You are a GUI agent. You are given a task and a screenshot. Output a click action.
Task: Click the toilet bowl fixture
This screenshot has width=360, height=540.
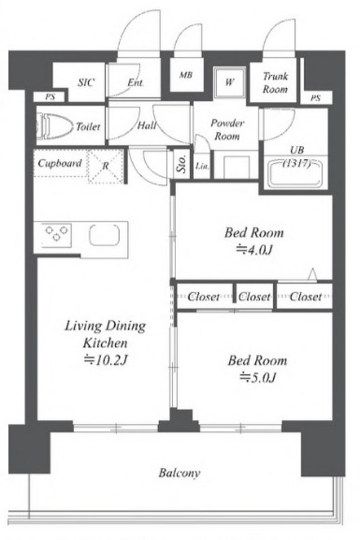[x=55, y=126]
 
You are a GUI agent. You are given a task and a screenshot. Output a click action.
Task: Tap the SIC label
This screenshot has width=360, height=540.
[x=86, y=82]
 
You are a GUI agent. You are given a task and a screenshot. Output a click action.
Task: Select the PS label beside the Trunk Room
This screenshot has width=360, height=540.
[x=315, y=98]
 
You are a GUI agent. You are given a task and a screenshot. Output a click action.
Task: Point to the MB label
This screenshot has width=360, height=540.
[x=186, y=75]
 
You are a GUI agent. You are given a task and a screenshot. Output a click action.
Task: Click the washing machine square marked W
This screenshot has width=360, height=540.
[x=230, y=82]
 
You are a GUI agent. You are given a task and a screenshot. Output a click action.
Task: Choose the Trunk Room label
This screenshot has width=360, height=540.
[x=275, y=82]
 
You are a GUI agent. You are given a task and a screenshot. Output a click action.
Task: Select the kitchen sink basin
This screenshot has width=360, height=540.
[x=105, y=235]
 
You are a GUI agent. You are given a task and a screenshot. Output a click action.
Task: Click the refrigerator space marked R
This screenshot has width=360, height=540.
[x=106, y=167]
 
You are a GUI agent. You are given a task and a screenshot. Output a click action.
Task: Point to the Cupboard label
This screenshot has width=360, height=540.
[x=60, y=163]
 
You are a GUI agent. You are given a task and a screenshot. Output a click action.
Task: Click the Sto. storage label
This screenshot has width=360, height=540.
[x=181, y=164]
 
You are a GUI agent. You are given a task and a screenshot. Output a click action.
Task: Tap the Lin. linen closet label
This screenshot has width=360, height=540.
[x=202, y=167]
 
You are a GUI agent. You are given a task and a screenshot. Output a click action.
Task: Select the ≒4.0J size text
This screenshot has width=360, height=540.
[x=254, y=250]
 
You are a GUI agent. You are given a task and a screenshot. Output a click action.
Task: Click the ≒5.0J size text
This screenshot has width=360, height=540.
[x=258, y=377]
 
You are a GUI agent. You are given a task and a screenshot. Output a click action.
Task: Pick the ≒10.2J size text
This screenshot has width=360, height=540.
[x=106, y=360]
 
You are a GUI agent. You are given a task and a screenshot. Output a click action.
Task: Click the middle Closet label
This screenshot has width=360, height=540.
[x=254, y=297]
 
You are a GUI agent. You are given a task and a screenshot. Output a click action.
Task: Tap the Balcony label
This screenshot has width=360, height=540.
[x=179, y=473]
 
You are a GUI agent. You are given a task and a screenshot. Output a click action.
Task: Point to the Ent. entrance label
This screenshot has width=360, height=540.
[x=136, y=82]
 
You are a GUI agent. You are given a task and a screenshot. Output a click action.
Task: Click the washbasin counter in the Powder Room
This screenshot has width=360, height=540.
[x=236, y=167]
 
